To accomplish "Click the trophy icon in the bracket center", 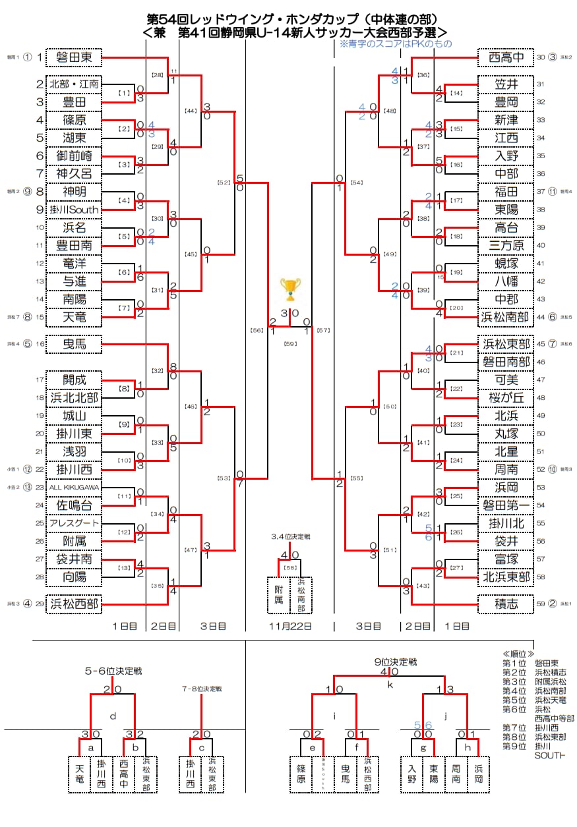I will click(x=290, y=289).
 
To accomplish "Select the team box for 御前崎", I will click(x=74, y=156).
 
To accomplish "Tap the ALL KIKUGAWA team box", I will click(x=74, y=488).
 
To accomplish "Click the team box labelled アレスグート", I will click(x=74, y=523).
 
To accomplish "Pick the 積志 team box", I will click(x=503, y=604).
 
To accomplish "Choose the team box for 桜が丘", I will click(x=503, y=398).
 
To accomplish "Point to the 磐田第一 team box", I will click(x=503, y=505).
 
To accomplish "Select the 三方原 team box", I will click(x=503, y=245).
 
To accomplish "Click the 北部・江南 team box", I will click(x=74, y=84).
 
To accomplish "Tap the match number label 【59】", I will click(x=290, y=343).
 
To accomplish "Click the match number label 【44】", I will click(x=191, y=111).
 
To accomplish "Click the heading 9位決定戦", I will click(x=394, y=662).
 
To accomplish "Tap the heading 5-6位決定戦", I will click(x=113, y=671).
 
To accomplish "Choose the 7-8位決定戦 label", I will click(x=201, y=689).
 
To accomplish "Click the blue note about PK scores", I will click(x=396, y=43).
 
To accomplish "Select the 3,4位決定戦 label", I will click(x=290, y=537).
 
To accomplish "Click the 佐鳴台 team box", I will click(x=74, y=505).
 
